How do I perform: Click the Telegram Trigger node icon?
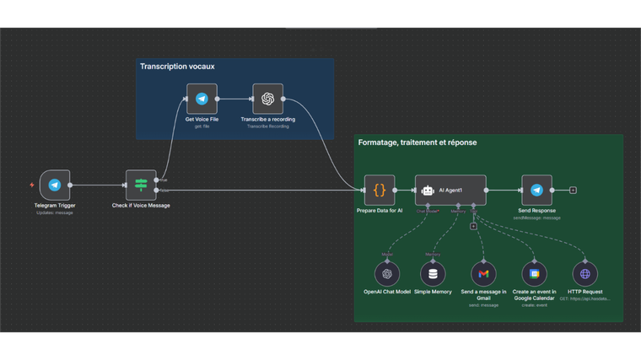[x=54, y=185]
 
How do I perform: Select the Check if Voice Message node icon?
[x=141, y=185]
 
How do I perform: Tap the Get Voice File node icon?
[x=202, y=99]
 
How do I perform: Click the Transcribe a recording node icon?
[x=267, y=99]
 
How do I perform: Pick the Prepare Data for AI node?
[x=380, y=191]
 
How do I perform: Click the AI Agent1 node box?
[x=450, y=191]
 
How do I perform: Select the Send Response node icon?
[x=536, y=191]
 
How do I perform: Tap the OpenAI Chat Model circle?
[x=387, y=273]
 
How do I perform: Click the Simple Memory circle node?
[x=433, y=273]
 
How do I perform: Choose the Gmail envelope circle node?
[x=483, y=273]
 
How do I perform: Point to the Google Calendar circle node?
[x=534, y=273]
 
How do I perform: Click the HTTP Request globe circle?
[x=585, y=273]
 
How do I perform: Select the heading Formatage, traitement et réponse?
[x=417, y=142]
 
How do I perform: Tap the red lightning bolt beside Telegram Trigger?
[x=32, y=185]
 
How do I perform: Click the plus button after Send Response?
[x=573, y=191]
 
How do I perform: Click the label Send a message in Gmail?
[x=483, y=295]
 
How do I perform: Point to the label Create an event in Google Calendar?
[x=534, y=295]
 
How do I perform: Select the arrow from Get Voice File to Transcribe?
[x=234, y=99]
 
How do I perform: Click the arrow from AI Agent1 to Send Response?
[x=504, y=191]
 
